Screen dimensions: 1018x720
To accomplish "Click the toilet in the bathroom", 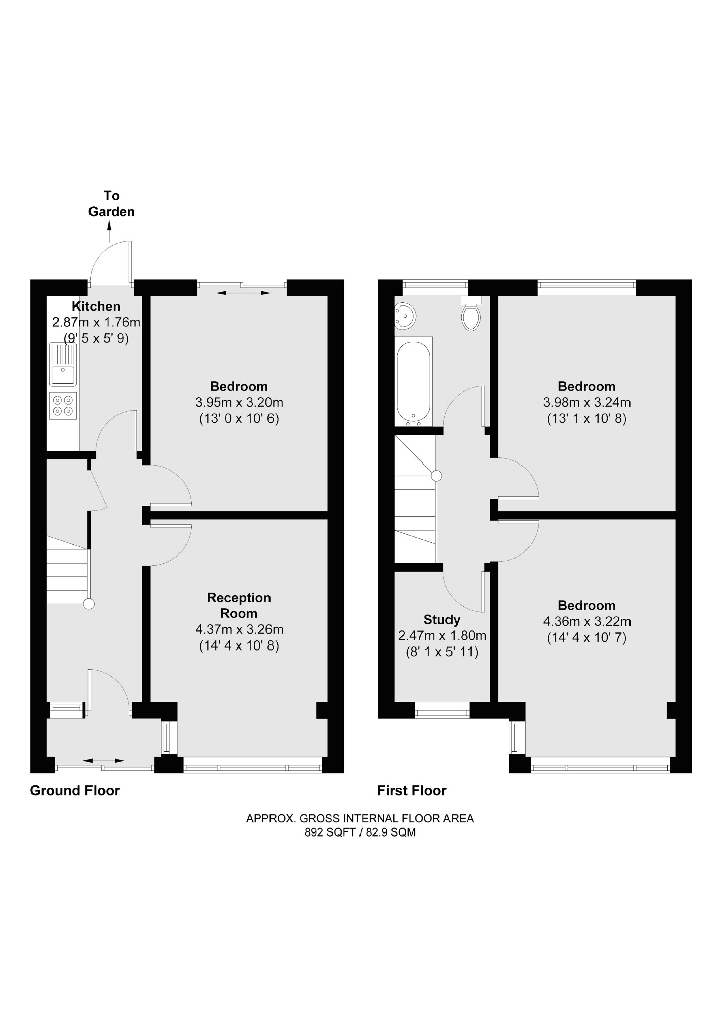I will click(471, 316).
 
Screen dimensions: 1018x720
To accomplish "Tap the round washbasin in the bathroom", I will click(405, 316).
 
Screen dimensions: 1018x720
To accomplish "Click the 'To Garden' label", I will click(111, 204).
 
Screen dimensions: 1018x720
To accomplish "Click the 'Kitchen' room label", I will click(96, 306).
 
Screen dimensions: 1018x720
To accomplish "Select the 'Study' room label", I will click(441, 619).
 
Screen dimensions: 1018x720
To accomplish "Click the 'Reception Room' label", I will click(239, 605).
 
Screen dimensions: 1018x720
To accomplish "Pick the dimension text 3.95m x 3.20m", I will click(239, 402).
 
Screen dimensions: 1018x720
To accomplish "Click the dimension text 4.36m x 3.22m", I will click(587, 621).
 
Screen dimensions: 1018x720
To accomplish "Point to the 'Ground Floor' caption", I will click(74, 791).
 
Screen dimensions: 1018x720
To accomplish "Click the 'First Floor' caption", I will click(412, 791).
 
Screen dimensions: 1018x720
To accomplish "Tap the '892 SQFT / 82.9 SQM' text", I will click(360, 832).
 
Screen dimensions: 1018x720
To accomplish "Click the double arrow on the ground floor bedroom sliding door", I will click(243, 292).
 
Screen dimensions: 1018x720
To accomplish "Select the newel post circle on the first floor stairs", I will click(436, 475).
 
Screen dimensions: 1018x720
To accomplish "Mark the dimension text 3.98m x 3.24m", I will click(587, 402).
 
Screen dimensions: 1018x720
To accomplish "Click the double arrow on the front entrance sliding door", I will click(103, 760).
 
